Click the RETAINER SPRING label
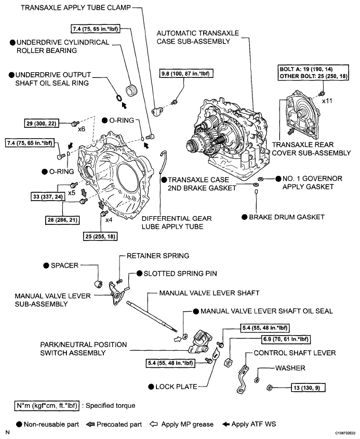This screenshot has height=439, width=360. coord(154,256)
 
